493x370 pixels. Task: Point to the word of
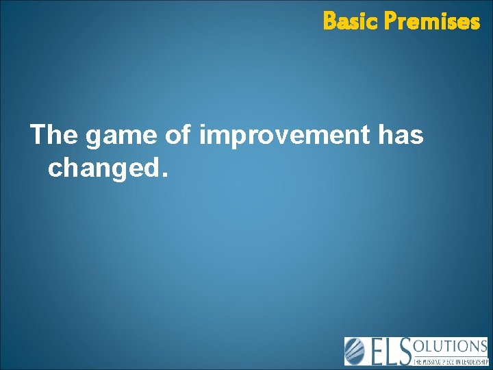coord(178,136)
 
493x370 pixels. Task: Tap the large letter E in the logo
coord(377,351)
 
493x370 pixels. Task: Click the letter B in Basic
coord(329,22)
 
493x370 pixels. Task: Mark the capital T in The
coord(39,136)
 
